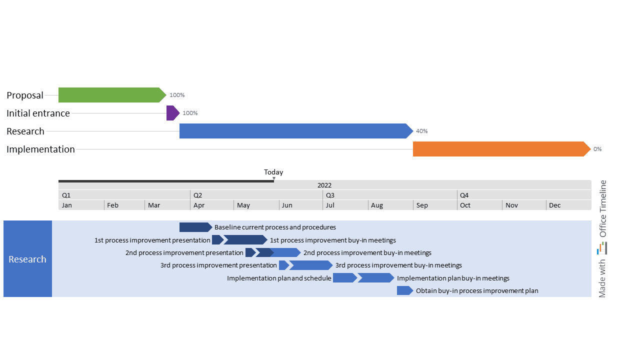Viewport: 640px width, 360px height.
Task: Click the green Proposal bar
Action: click(111, 95)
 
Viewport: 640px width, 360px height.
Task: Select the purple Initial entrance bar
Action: click(172, 113)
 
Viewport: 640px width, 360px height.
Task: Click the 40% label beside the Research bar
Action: click(421, 131)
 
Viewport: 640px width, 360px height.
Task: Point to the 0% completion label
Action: click(597, 149)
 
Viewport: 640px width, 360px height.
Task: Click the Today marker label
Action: click(273, 172)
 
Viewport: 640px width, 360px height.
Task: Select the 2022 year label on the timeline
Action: click(324, 185)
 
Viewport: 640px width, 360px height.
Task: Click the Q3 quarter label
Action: click(330, 195)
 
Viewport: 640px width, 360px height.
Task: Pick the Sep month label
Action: click(422, 205)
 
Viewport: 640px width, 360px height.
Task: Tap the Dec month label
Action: click(554, 205)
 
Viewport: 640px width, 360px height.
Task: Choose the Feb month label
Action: click(112, 205)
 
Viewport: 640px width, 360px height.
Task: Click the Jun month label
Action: click(287, 205)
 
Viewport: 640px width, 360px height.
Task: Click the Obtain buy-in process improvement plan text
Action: click(477, 290)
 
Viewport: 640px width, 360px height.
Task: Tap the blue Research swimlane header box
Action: click(27, 259)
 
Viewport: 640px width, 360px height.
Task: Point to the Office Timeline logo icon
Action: click(602, 248)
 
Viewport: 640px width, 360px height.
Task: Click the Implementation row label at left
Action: click(40, 149)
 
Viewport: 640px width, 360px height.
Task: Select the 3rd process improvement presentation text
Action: click(218, 265)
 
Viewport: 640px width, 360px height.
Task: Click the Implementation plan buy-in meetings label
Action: click(453, 278)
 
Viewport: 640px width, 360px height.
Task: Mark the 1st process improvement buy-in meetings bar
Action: click(245, 240)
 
